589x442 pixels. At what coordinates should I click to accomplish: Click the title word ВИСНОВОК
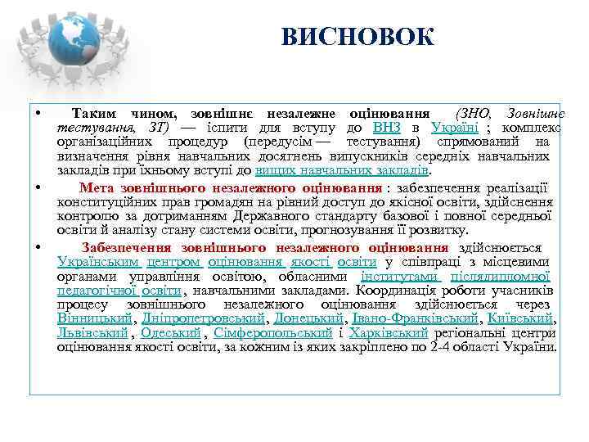(x=357, y=37)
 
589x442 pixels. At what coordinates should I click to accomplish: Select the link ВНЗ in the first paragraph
(x=386, y=128)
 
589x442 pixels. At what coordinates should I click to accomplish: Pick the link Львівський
(x=92, y=333)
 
